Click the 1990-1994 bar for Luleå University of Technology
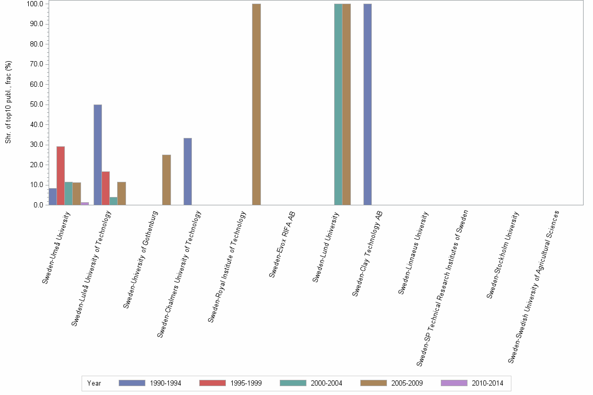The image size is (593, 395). [x=98, y=155]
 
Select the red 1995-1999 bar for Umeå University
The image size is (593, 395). [x=61, y=176]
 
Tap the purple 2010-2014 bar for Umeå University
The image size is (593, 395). [x=85, y=203]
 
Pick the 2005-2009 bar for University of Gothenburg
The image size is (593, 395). [x=166, y=180]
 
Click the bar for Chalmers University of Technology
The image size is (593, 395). [x=188, y=171]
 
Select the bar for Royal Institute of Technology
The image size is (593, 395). [x=256, y=104]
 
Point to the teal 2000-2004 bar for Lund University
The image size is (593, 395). [x=338, y=104]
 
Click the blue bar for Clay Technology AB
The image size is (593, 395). [x=368, y=104]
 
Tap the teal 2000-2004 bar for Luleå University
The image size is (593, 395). [x=113, y=201]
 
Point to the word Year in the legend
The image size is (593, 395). [x=94, y=384]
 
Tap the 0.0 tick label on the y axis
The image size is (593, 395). [x=36, y=205]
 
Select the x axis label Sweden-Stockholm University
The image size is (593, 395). [x=503, y=254]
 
